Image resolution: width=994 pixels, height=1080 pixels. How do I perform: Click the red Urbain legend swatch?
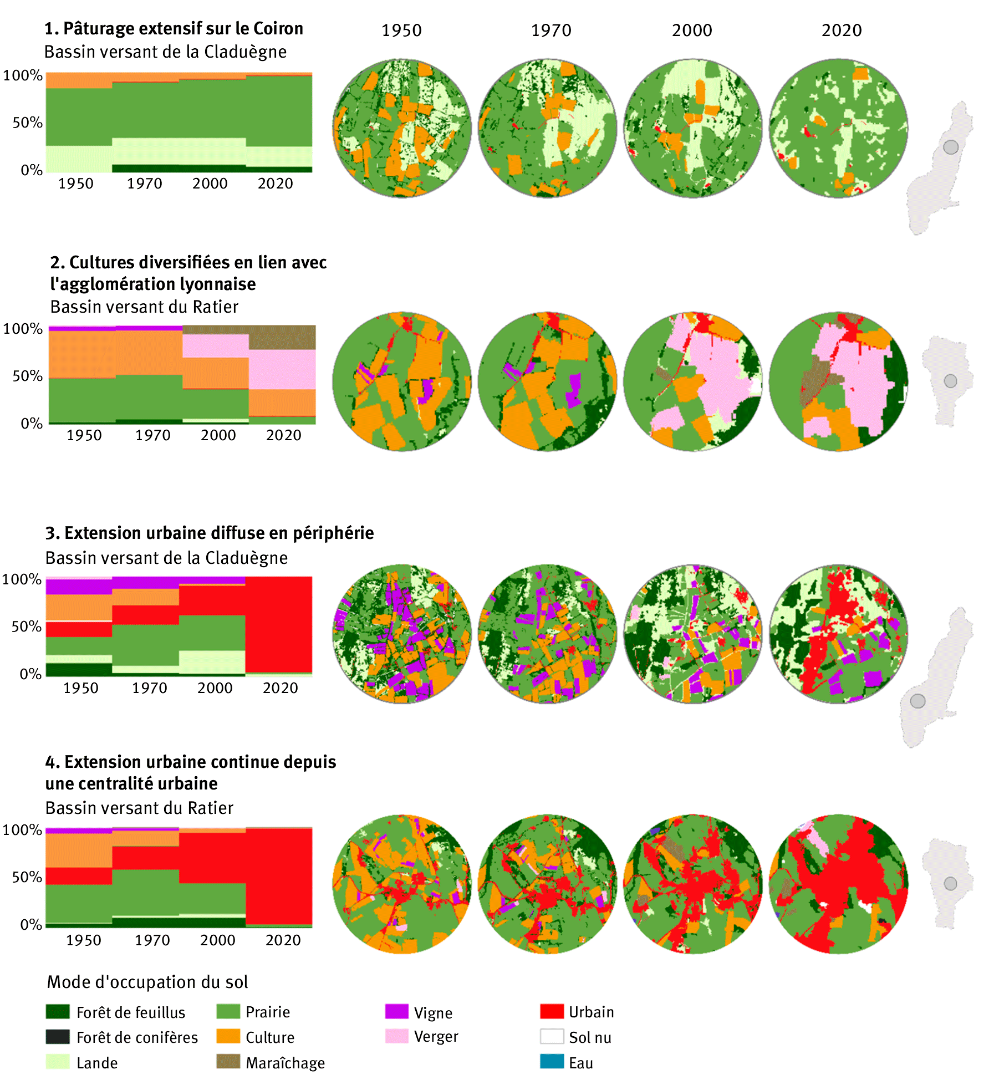click(552, 1011)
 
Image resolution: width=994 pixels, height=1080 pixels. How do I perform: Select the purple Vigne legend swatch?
click(396, 1011)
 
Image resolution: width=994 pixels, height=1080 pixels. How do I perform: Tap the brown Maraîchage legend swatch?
click(228, 1062)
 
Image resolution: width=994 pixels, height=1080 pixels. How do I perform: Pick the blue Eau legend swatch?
click(552, 1062)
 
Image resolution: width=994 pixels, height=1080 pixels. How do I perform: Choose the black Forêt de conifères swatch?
click(58, 1036)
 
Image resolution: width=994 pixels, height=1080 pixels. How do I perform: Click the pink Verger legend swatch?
click(396, 1036)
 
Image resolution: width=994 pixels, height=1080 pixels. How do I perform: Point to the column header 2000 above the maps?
click(692, 30)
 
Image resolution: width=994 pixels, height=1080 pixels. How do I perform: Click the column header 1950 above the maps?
click(401, 30)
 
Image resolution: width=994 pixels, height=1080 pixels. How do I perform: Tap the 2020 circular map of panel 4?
click(838, 884)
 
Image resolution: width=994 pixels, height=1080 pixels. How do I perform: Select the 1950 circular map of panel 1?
click(402, 128)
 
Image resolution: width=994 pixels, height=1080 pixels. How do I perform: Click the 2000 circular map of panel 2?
click(692, 381)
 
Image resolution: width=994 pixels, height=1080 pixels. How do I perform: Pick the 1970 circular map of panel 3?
click(547, 634)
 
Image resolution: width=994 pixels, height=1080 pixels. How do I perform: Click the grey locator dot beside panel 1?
click(951, 147)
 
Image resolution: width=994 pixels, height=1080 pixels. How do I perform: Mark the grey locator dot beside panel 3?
click(918, 701)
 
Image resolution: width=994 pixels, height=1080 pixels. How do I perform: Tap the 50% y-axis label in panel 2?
click(28, 376)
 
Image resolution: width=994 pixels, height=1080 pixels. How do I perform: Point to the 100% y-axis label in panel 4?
click(22, 830)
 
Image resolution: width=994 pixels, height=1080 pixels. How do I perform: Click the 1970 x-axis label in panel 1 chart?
click(144, 184)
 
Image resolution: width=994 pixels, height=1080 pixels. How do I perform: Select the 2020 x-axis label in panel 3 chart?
click(280, 688)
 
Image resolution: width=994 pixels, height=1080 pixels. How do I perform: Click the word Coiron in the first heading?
click(278, 28)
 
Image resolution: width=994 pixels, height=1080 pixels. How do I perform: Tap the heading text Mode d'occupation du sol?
click(147, 982)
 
